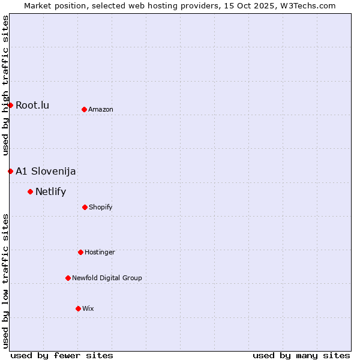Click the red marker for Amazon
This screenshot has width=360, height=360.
[84, 109]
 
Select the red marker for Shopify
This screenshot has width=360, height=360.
[85, 207]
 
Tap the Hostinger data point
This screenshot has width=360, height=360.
[80, 252]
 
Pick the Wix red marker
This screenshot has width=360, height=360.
[78, 308]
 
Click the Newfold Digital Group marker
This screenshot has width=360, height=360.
[68, 278]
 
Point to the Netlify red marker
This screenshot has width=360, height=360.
[30, 191]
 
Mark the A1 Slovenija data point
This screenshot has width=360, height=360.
[10, 171]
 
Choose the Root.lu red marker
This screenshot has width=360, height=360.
[10, 105]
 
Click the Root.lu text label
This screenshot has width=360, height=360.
[32, 106]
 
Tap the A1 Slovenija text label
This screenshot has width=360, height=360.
[46, 171]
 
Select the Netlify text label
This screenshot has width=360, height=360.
[50, 192]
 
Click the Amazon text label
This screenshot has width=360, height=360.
[101, 109]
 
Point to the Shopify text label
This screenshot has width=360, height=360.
[101, 207]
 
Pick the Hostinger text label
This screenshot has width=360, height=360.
[100, 252]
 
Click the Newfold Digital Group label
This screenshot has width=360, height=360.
[107, 278]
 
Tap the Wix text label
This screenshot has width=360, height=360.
[88, 308]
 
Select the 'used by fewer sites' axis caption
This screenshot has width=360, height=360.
[62, 355]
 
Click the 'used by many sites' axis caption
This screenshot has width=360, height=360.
[301, 355]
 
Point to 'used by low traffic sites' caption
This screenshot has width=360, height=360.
[5, 281]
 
